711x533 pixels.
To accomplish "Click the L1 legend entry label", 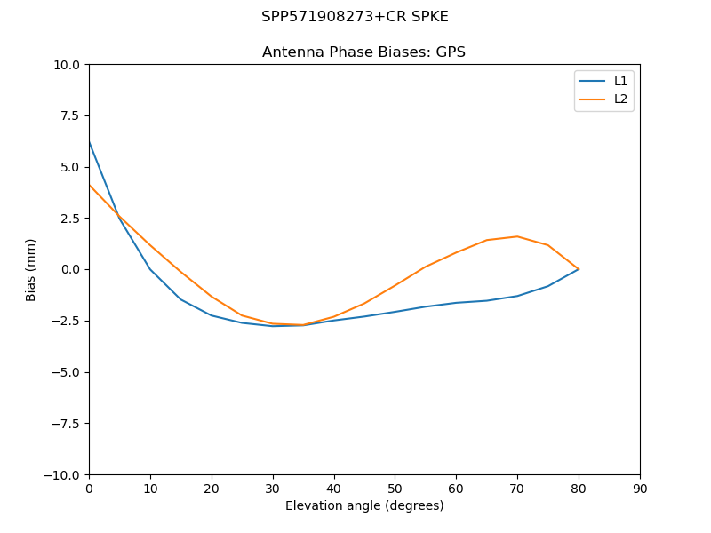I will point(620,81).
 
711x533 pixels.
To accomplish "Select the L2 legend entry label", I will point(620,99).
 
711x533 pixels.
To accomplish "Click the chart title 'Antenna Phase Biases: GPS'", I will point(363,52).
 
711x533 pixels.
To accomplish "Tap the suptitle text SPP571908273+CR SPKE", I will point(355,17).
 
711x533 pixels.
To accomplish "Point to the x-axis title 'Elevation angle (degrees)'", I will point(363,506).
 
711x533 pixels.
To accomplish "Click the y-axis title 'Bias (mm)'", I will point(31,269).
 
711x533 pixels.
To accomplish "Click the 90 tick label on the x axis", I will point(640,489).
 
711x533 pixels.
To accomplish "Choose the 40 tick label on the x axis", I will point(334,489).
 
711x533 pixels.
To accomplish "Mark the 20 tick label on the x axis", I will point(212,489).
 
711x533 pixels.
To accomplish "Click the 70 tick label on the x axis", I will point(517,489).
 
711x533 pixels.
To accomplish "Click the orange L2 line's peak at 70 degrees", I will point(517,236).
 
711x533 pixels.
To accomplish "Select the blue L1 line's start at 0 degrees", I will point(90,142).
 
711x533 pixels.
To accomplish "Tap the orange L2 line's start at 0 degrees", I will point(90,185).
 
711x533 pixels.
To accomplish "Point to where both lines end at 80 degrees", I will point(579,268).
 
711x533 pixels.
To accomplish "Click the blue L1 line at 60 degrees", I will point(456,303).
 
